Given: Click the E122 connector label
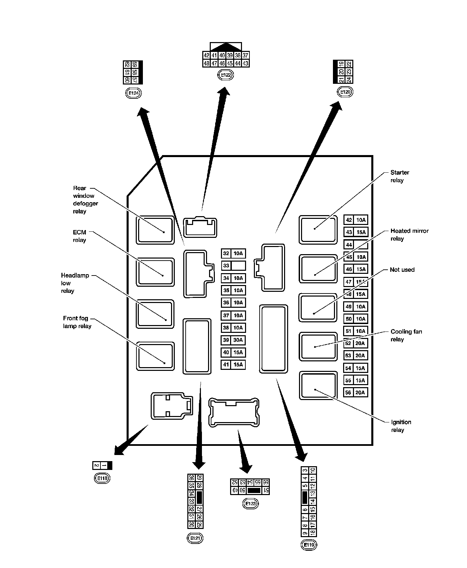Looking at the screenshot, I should point(225,75).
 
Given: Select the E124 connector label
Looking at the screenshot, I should point(133,93).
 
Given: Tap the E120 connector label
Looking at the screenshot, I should point(345,92).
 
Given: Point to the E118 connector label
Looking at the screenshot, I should point(102,478).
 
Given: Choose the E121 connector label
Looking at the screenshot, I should point(195,538).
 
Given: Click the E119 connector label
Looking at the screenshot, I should point(309,545).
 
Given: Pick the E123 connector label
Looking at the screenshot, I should point(250,504).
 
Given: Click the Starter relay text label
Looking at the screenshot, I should point(399,176).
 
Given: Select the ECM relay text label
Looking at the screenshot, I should point(79,236).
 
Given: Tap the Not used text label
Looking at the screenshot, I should point(402,270).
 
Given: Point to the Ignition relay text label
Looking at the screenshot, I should point(401,426).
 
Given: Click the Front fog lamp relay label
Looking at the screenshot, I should point(77,322).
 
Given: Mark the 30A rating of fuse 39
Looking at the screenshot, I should point(238,340).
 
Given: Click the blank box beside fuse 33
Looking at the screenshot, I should point(238,266).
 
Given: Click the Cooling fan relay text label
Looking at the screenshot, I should point(406,335).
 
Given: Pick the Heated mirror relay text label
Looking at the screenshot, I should point(409,234).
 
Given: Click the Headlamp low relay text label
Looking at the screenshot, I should point(75,283).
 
